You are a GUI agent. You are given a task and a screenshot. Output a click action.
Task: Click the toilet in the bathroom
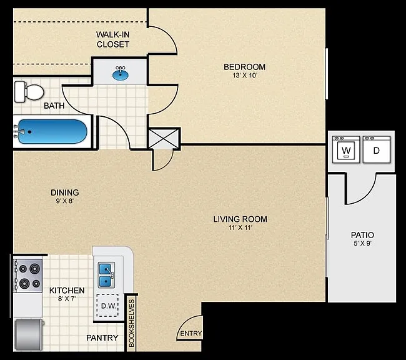pyautogui.click(x=29, y=92)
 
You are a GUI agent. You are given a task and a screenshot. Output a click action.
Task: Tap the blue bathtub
pyautogui.click(x=52, y=131)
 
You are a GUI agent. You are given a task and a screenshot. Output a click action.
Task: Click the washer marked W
pyautogui.click(x=346, y=149)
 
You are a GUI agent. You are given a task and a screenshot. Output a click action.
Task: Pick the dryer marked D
pyautogui.click(x=377, y=149)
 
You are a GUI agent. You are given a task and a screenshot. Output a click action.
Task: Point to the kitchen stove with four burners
pyautogui.click(x=28, y=276)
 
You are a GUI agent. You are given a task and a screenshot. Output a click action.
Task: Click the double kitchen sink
pyautogui.click(x=106, y=275)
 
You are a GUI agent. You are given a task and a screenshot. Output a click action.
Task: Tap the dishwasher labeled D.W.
pyautogui.click(x=107, y=306)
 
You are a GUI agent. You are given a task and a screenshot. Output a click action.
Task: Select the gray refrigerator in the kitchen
pyautogui.click(x=29, y=335)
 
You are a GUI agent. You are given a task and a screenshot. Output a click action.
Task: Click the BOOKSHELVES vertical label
pyautogui.click(x=132, y=323)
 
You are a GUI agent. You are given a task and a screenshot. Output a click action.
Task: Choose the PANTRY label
pyautogui.click(x=102, y=338)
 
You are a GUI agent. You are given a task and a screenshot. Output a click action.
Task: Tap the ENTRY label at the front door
pyautogui.click(x=191, y=333)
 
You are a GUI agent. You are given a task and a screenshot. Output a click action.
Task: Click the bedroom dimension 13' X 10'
pyautogui.click(x=245, y=76)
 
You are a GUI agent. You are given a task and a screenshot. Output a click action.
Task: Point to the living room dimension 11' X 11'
pyautogui.click(x=240, y=228)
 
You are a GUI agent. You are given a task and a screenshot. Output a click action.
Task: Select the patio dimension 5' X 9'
pyautogui.click(x=362, y=243)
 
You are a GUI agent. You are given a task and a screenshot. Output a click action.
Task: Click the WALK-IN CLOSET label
pyautogui.click(x=113, y=39)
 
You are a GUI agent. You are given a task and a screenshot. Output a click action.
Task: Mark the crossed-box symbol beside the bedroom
pyautogui.click(x=164, y=139)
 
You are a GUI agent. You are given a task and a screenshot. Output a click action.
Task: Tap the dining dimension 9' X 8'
pyautogui.click(x=65, y=201)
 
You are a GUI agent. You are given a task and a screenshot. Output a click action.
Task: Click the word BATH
pyautogui.click(x=54, y=106)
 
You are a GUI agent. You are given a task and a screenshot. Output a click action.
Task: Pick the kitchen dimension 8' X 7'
pyautogui.click(x=67, y=299)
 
